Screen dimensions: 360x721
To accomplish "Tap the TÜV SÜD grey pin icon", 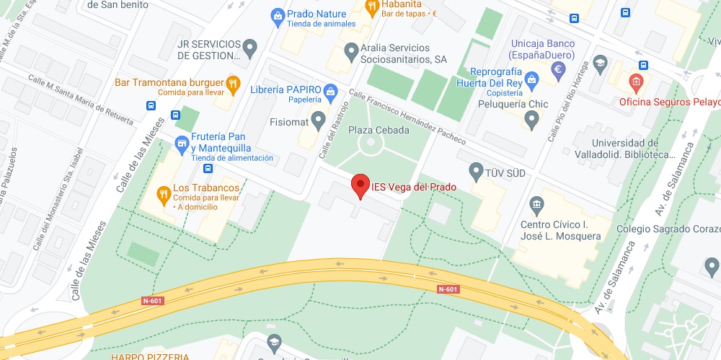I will point(475,172).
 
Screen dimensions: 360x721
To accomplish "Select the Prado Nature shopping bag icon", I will point(278,14).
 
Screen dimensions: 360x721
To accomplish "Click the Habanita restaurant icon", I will point(372,8).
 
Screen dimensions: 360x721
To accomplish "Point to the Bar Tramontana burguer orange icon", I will point(233,83).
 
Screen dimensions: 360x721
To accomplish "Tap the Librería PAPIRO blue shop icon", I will point(330,90).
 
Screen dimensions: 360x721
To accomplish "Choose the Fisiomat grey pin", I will point(318,120).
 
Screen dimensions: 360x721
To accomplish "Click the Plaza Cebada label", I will point(379,130).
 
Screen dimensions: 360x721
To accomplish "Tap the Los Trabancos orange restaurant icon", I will point(164,193).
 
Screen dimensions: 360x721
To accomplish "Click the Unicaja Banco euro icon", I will point(557,70).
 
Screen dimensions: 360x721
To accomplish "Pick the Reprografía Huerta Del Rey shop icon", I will point(531,78).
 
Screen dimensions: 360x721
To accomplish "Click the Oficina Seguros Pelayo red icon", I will point(635,82).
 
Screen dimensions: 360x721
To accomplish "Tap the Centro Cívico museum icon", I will point(536,206).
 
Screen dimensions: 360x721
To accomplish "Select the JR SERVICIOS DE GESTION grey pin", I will point(250,48).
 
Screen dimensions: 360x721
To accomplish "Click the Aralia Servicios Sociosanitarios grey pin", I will point(351,51).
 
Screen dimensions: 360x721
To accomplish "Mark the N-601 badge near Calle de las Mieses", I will point(151,301).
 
